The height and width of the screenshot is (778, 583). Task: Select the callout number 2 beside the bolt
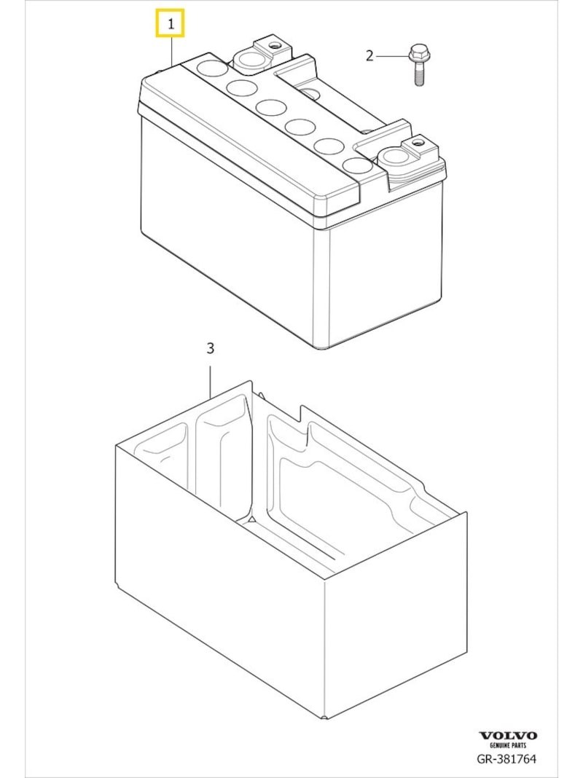click(369, 55)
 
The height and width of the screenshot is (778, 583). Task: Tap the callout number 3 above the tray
click(210, 348)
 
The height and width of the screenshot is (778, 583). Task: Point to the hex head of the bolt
click(418, 52)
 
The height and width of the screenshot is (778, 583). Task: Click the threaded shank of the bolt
click(419, 74)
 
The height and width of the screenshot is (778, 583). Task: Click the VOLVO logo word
click(507, 736)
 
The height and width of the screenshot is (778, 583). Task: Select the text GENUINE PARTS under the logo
click(507, 746)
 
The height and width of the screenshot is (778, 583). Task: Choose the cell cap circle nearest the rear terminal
click(212, 70)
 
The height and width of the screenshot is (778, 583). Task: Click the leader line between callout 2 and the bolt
click(392, 55)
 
